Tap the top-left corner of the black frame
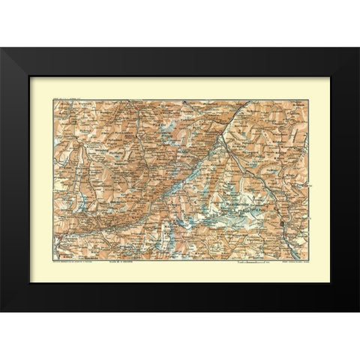point(1,48)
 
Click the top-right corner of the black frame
point(358,48)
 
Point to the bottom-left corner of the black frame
point(1,312)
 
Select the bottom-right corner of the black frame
point(358,312)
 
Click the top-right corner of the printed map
point(309,100)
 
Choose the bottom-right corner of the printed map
point(309,259)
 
